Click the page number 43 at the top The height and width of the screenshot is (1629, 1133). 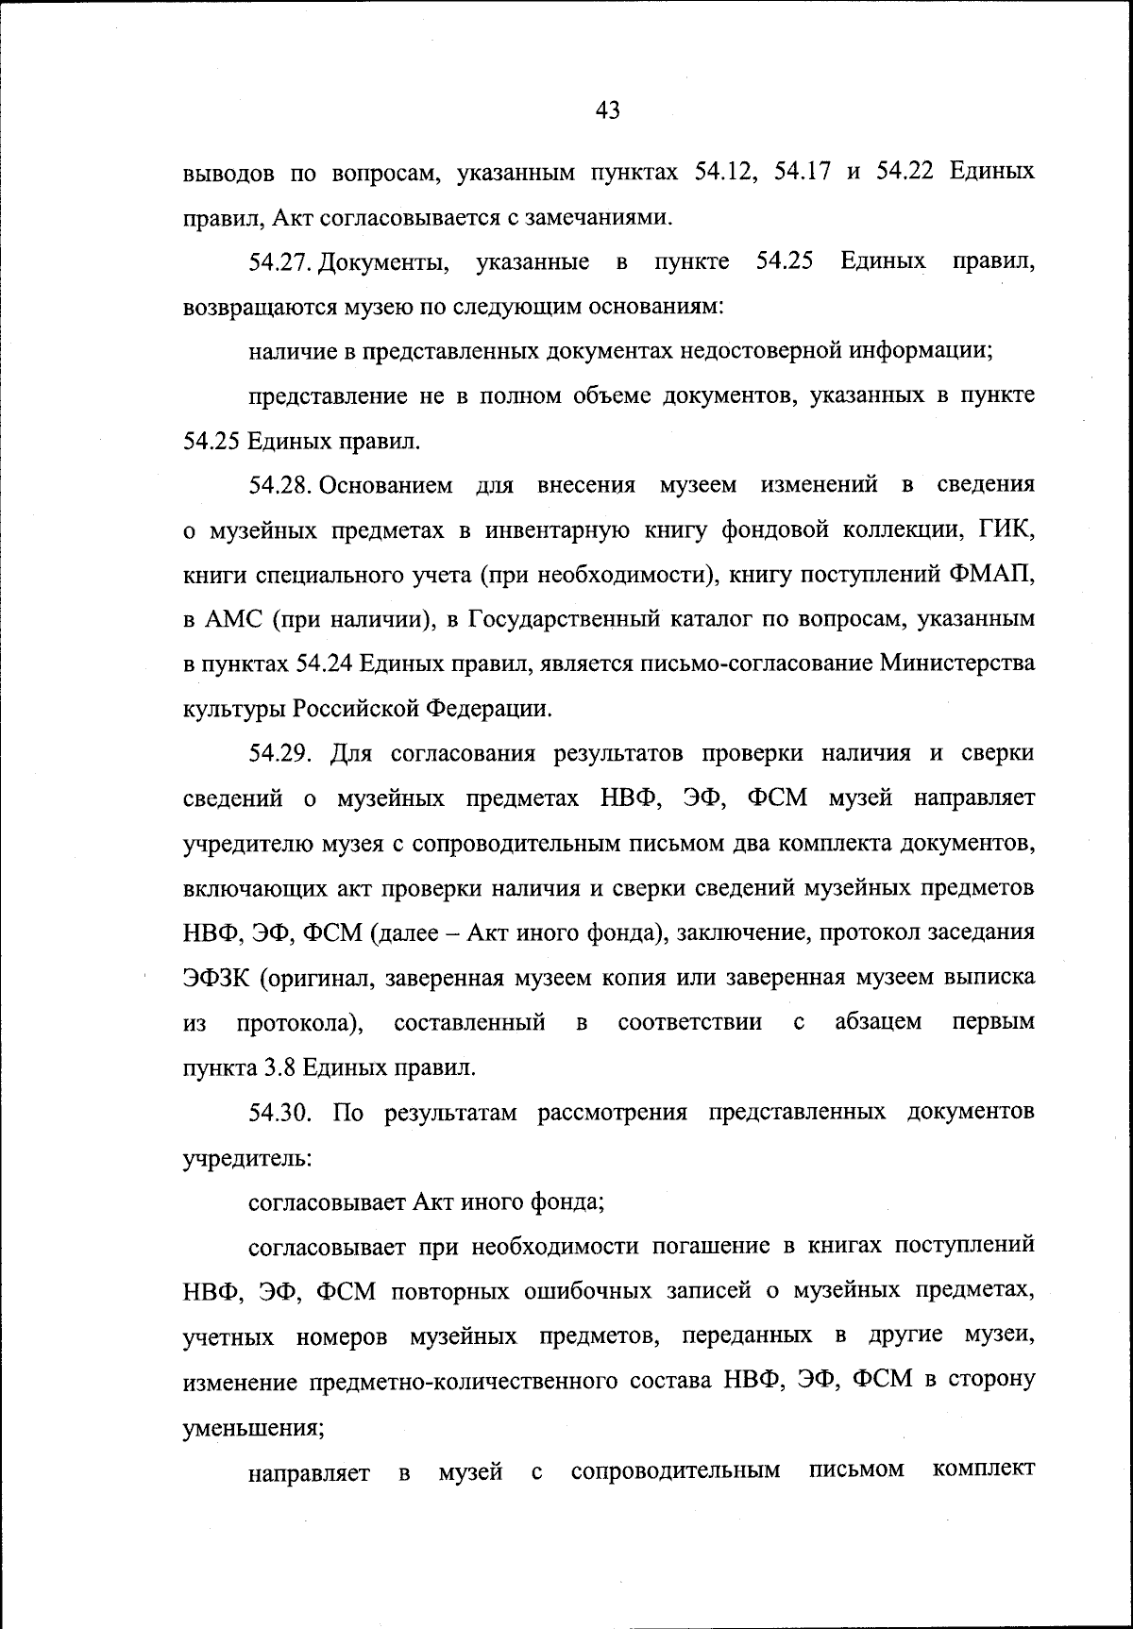tap(608, 111)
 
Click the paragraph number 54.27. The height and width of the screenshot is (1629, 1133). tap(280, 261)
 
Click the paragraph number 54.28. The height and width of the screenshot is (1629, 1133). tap(280, 485)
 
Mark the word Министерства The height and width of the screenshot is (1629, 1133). tap(956, 663)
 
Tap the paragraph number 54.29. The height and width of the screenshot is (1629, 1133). tap(280, 754)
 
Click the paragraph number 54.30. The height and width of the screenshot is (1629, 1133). tap(280, 1113)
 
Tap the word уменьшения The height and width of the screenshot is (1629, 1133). tap(252, 1427)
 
